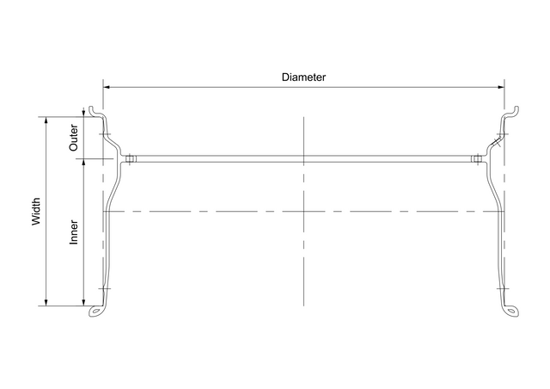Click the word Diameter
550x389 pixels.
point(303,77)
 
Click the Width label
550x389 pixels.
point(36,212)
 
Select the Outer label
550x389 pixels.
point(74,139)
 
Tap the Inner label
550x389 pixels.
point(74,232)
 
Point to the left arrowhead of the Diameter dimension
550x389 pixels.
point(107,86)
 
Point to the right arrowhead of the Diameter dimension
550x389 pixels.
point(501,86)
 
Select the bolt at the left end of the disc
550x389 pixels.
point(129,158)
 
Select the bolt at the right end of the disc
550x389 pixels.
point(477,158)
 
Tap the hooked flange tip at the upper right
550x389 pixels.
point(515,110)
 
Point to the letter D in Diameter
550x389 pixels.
point(285,77)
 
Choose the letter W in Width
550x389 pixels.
point(36,223)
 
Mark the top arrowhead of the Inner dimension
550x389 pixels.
point(82,163)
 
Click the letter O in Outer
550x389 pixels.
point(74,149)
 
